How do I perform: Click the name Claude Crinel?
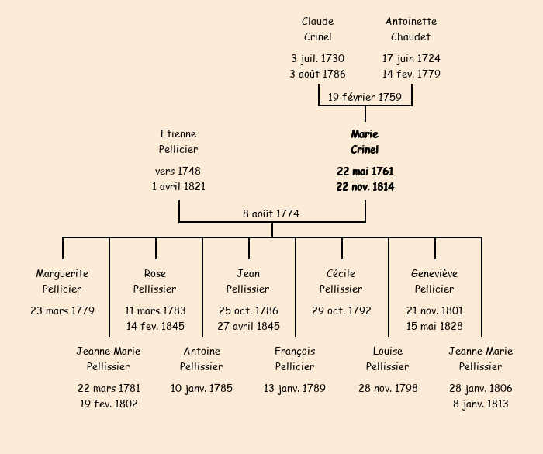click(317, 29)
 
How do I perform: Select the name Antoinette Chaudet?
click(411, 29)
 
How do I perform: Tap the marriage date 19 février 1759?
click(365, 97)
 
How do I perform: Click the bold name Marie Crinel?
click(365, 142)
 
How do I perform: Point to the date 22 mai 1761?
click(365, 171)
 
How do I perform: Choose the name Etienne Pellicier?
click(178, 142)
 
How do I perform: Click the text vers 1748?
click(178, 171)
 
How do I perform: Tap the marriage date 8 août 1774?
click(271, 213)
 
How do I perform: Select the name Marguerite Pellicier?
click(62, 281)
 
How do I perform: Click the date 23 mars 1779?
click(62, 310)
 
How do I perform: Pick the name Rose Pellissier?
click(155, 281)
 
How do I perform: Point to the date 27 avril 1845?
click(248, 326)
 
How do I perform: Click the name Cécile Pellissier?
click(341, 281)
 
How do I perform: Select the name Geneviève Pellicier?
click(434, 281)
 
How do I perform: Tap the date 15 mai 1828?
click(434, 326)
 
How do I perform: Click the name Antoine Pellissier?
click(202, 359)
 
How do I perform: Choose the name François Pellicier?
click(295, 359)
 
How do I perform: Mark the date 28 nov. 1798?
click(388, 388)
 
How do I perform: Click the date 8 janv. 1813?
click(481, 404)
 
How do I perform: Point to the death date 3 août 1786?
click(317, 75)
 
